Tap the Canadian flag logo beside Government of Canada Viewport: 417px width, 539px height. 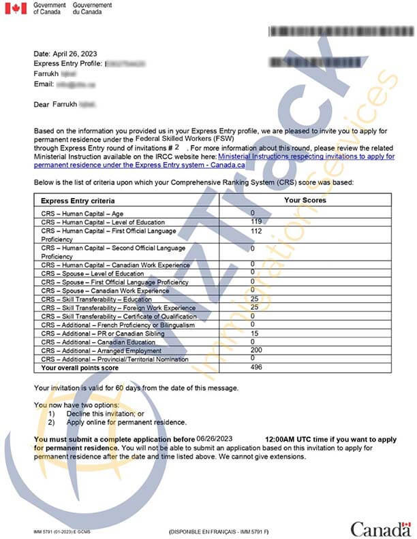(16, 8)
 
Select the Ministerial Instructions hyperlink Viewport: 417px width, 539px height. (306, 157)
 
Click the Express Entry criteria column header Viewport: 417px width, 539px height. (78, 201)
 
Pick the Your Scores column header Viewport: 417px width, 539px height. (305, 201)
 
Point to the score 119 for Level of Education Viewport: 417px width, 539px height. (256, 222)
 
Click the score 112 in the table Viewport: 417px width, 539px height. (256, 231)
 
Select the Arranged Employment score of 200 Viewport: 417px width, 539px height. (256, 350)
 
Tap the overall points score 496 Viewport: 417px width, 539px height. (256, 367)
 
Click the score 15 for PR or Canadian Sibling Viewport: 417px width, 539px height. (254, 333)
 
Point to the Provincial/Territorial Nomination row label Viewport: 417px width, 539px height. (114, 359)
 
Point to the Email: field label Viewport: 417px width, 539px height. (44, 84)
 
